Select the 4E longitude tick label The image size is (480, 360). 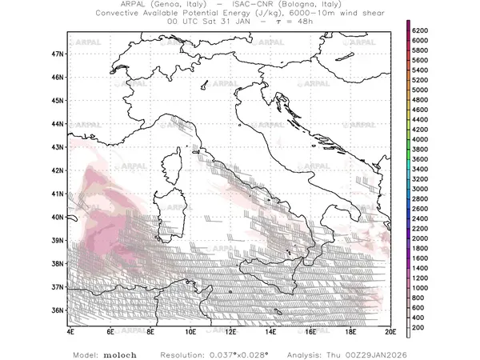tap(70, 330)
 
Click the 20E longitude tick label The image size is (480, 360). tap(390, 330)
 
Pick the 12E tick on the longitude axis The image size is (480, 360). tap(230, 330)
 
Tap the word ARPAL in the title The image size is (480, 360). tap(130, 5)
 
